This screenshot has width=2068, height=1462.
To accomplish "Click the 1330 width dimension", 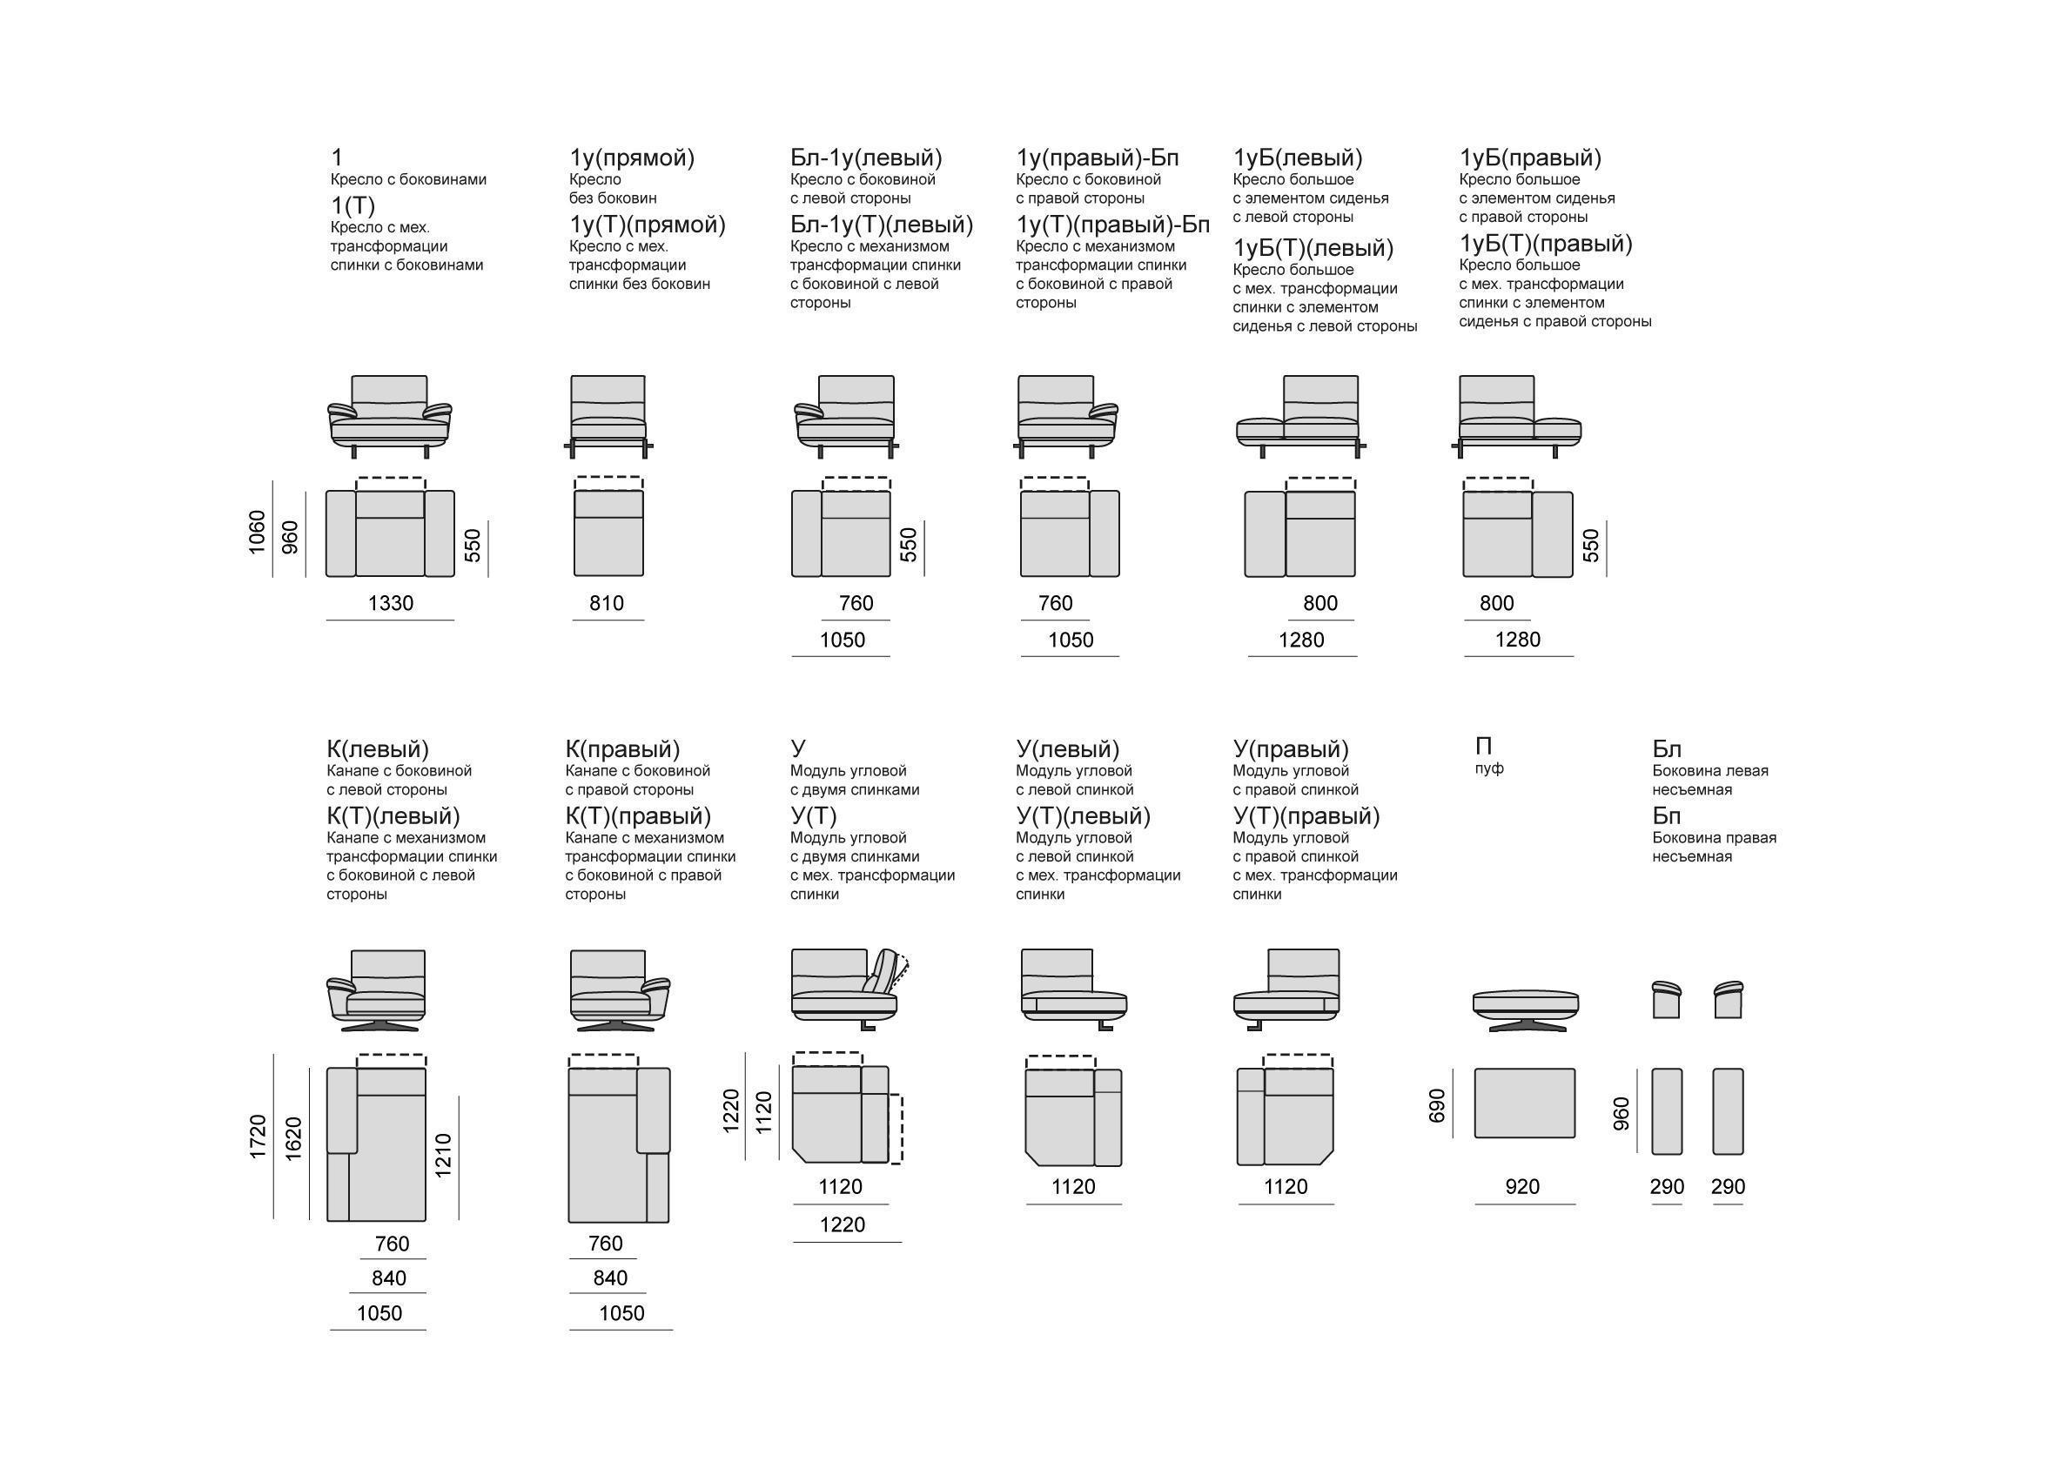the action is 391,604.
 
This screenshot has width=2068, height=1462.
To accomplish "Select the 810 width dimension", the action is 606,604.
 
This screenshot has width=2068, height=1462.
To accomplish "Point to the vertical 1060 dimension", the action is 258,533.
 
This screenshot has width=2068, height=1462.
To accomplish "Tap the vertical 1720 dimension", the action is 258,1137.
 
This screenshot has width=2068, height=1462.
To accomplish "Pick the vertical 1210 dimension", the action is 443,1156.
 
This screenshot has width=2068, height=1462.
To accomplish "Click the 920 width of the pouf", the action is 1522,1187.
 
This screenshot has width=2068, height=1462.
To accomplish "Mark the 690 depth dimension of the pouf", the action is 1437,1105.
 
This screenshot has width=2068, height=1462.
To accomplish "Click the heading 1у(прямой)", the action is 632,158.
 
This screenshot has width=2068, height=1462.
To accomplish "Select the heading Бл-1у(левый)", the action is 867,158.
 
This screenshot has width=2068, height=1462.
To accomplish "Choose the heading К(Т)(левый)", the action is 393,816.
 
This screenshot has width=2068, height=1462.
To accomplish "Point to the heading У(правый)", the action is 1291,749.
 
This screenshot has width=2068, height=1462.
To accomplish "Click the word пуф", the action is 1489,769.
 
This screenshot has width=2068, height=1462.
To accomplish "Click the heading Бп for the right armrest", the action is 1666,816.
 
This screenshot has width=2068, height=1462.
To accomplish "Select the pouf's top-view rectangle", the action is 1525,1103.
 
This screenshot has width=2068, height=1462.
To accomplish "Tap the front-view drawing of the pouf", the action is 1526,1010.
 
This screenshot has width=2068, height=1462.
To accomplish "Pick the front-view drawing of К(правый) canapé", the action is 620,990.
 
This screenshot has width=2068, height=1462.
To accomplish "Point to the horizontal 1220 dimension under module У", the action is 843,1225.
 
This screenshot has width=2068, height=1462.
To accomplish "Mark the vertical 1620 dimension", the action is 292,1138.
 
